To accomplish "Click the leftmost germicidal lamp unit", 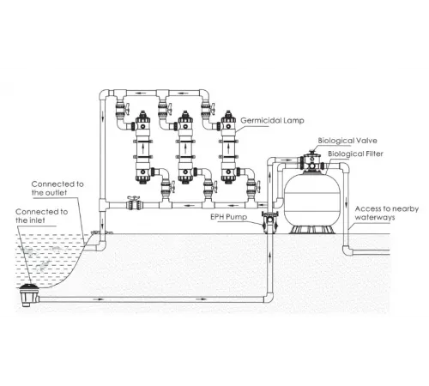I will click(x=141, y=150).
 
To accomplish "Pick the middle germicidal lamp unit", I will click(x=184, y=150).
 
